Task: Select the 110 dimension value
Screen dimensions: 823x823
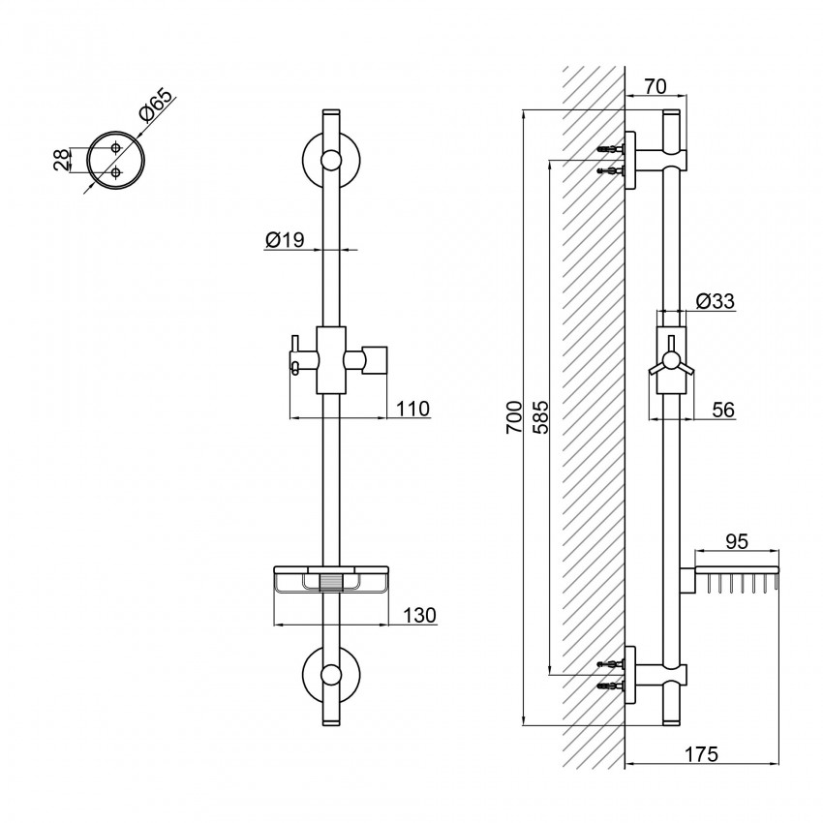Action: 412,409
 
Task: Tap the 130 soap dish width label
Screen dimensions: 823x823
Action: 418,615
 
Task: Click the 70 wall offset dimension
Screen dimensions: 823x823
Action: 655,86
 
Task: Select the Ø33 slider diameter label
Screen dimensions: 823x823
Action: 716,301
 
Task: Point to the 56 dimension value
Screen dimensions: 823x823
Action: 722,411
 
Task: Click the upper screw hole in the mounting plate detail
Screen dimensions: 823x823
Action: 116,147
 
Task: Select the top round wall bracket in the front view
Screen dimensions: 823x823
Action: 330,162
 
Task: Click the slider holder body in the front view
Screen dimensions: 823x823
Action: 330,359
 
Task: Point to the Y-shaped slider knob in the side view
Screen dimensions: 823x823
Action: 670,365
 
